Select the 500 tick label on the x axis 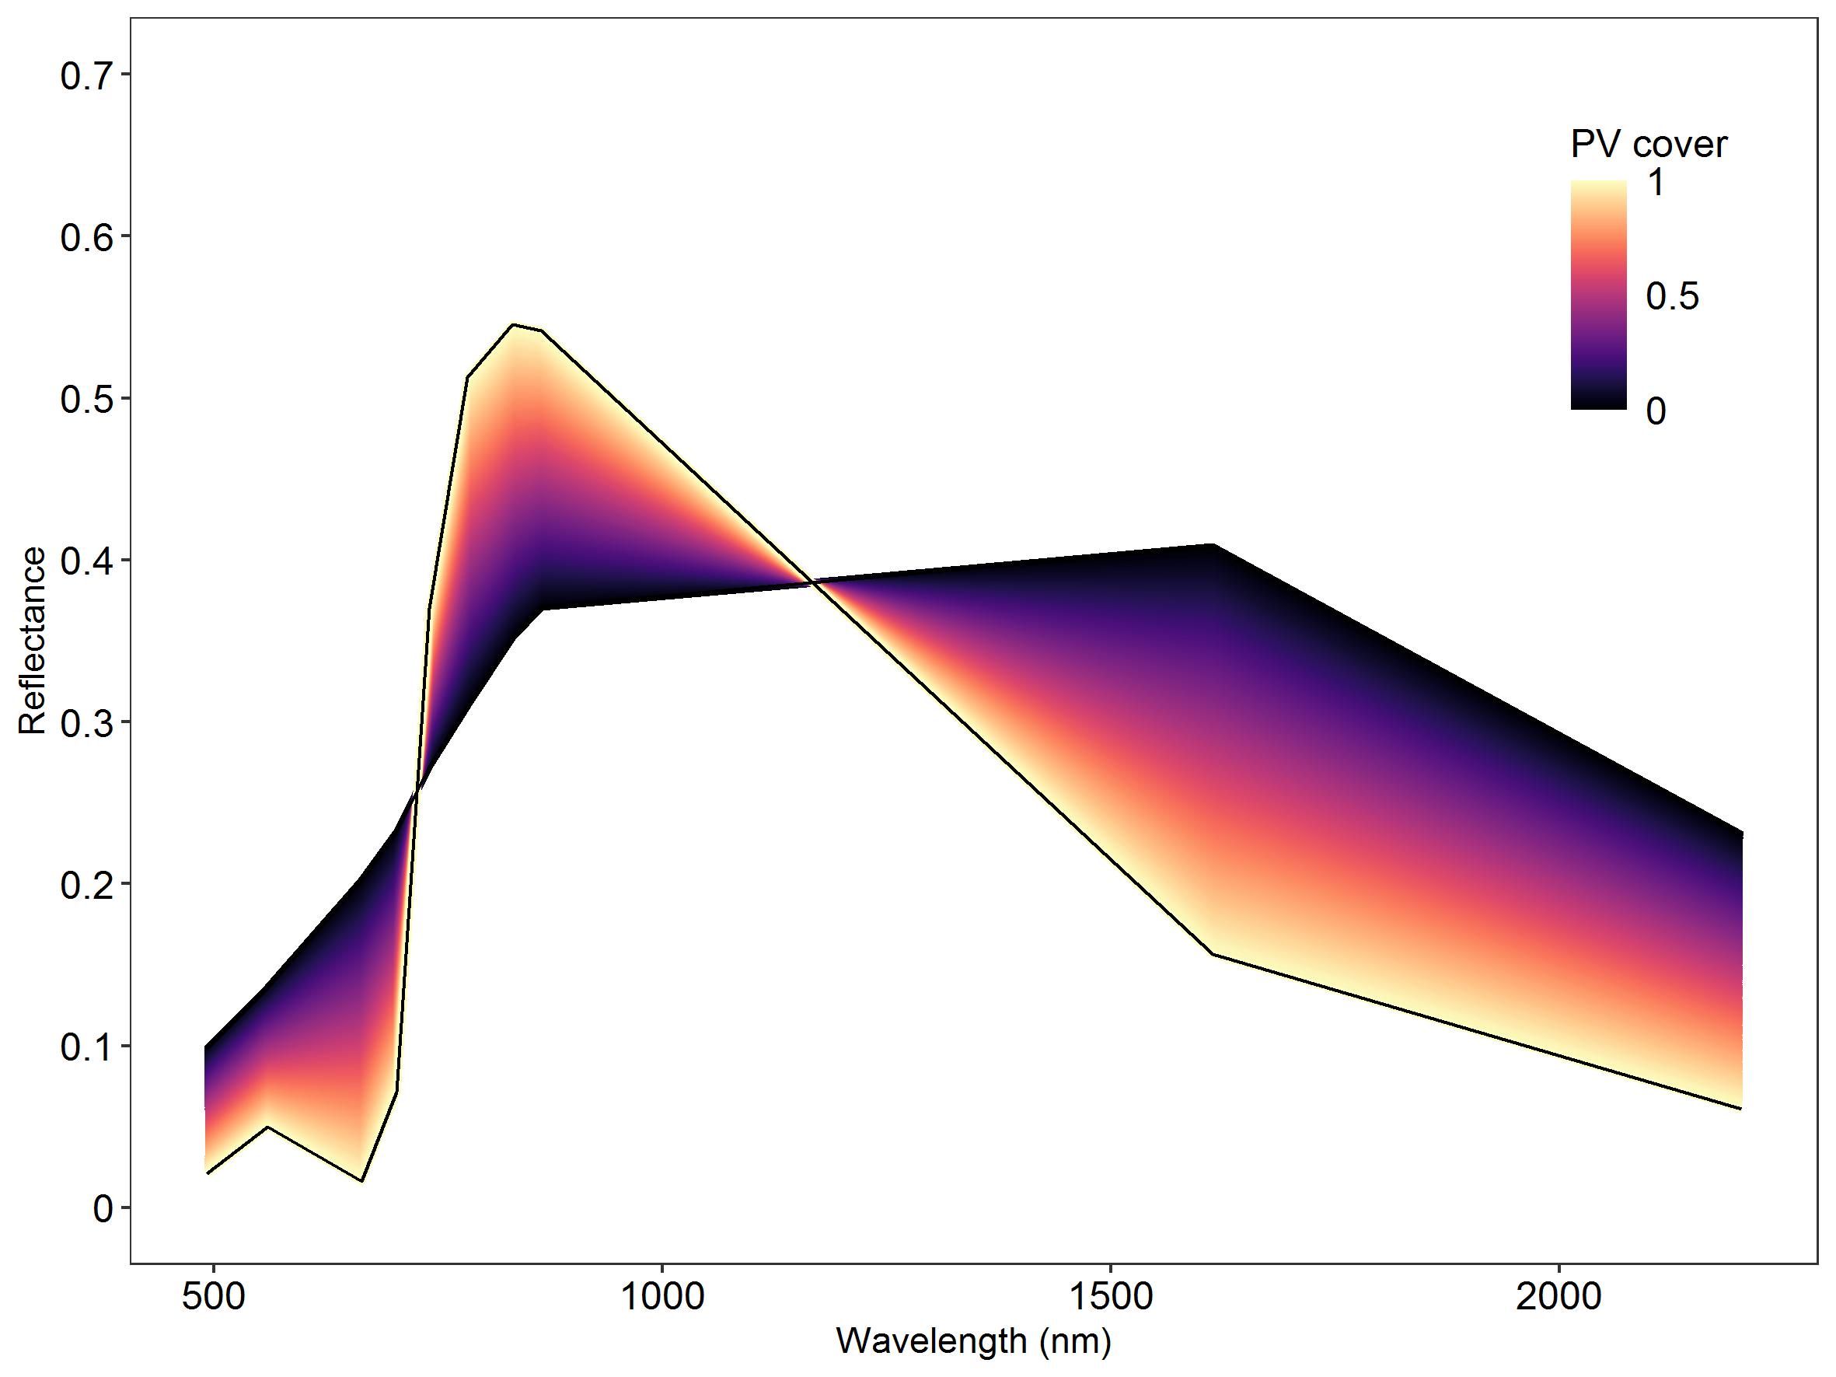[213, 1296]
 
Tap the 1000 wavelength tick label [662, 1296]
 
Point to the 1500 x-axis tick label [1111, 1296]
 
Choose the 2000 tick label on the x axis [1559, 1296]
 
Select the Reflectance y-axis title [33, 641]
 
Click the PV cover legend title [1649, 145]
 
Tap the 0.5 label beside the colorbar [1673, 296]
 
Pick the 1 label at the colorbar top [1655, 183]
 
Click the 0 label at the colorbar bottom [1655, 411]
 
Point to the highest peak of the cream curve [513, 325]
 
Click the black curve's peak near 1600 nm [1213, 544]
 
